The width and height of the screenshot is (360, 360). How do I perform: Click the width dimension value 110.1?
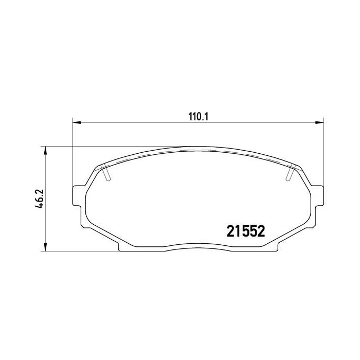coord(196,117)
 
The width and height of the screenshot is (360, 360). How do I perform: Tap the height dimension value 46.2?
coord(38,197)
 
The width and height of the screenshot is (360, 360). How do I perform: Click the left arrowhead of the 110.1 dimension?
coord(76,122)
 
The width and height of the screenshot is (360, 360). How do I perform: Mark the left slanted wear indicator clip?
coord(106,172)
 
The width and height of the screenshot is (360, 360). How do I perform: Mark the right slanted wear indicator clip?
coord(290,172)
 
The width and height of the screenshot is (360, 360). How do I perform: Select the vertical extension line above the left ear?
coord(72,154)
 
